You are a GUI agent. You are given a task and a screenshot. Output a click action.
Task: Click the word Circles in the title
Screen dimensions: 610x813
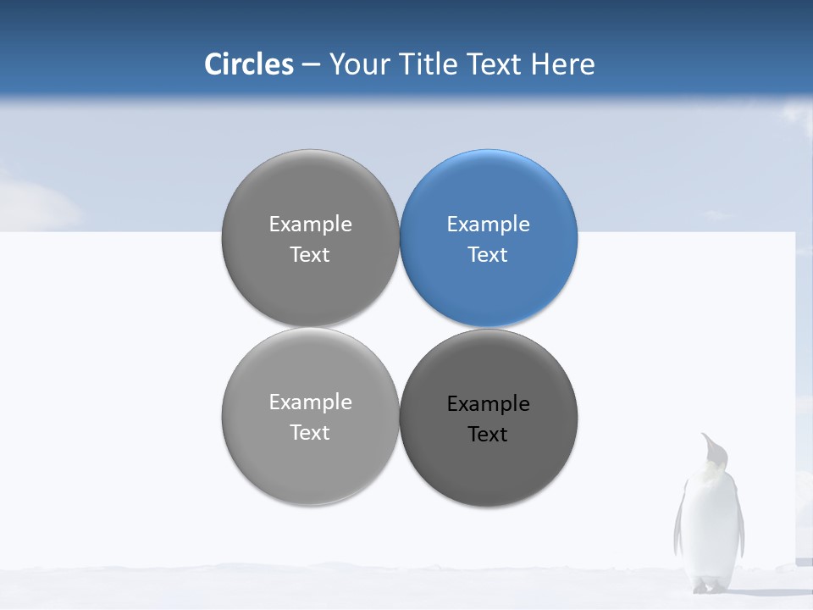pos(249,64)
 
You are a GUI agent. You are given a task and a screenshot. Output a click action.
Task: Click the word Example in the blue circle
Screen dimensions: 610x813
pos(488,225)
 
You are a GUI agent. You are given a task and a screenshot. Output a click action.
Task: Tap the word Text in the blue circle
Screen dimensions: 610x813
pos(488,255)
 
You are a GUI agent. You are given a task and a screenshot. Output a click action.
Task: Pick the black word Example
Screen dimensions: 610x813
pos(488,404)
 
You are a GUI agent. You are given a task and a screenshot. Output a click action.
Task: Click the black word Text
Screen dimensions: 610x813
pos(488,435)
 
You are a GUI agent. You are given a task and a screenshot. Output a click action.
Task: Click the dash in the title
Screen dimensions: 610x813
pos(311,64)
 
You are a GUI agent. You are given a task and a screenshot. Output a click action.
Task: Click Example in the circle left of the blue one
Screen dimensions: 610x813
pos(310,225)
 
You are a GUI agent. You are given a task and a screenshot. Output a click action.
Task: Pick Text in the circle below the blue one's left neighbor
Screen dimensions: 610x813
pos(310,433)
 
